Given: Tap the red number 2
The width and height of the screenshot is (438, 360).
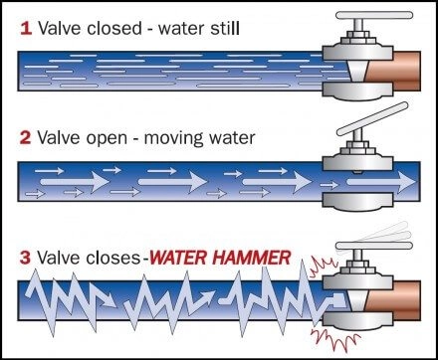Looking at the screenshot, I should point(25,135).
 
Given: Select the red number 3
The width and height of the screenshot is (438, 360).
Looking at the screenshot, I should point(25,256).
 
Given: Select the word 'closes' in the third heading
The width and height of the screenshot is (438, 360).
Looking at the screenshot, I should point(112,256).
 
